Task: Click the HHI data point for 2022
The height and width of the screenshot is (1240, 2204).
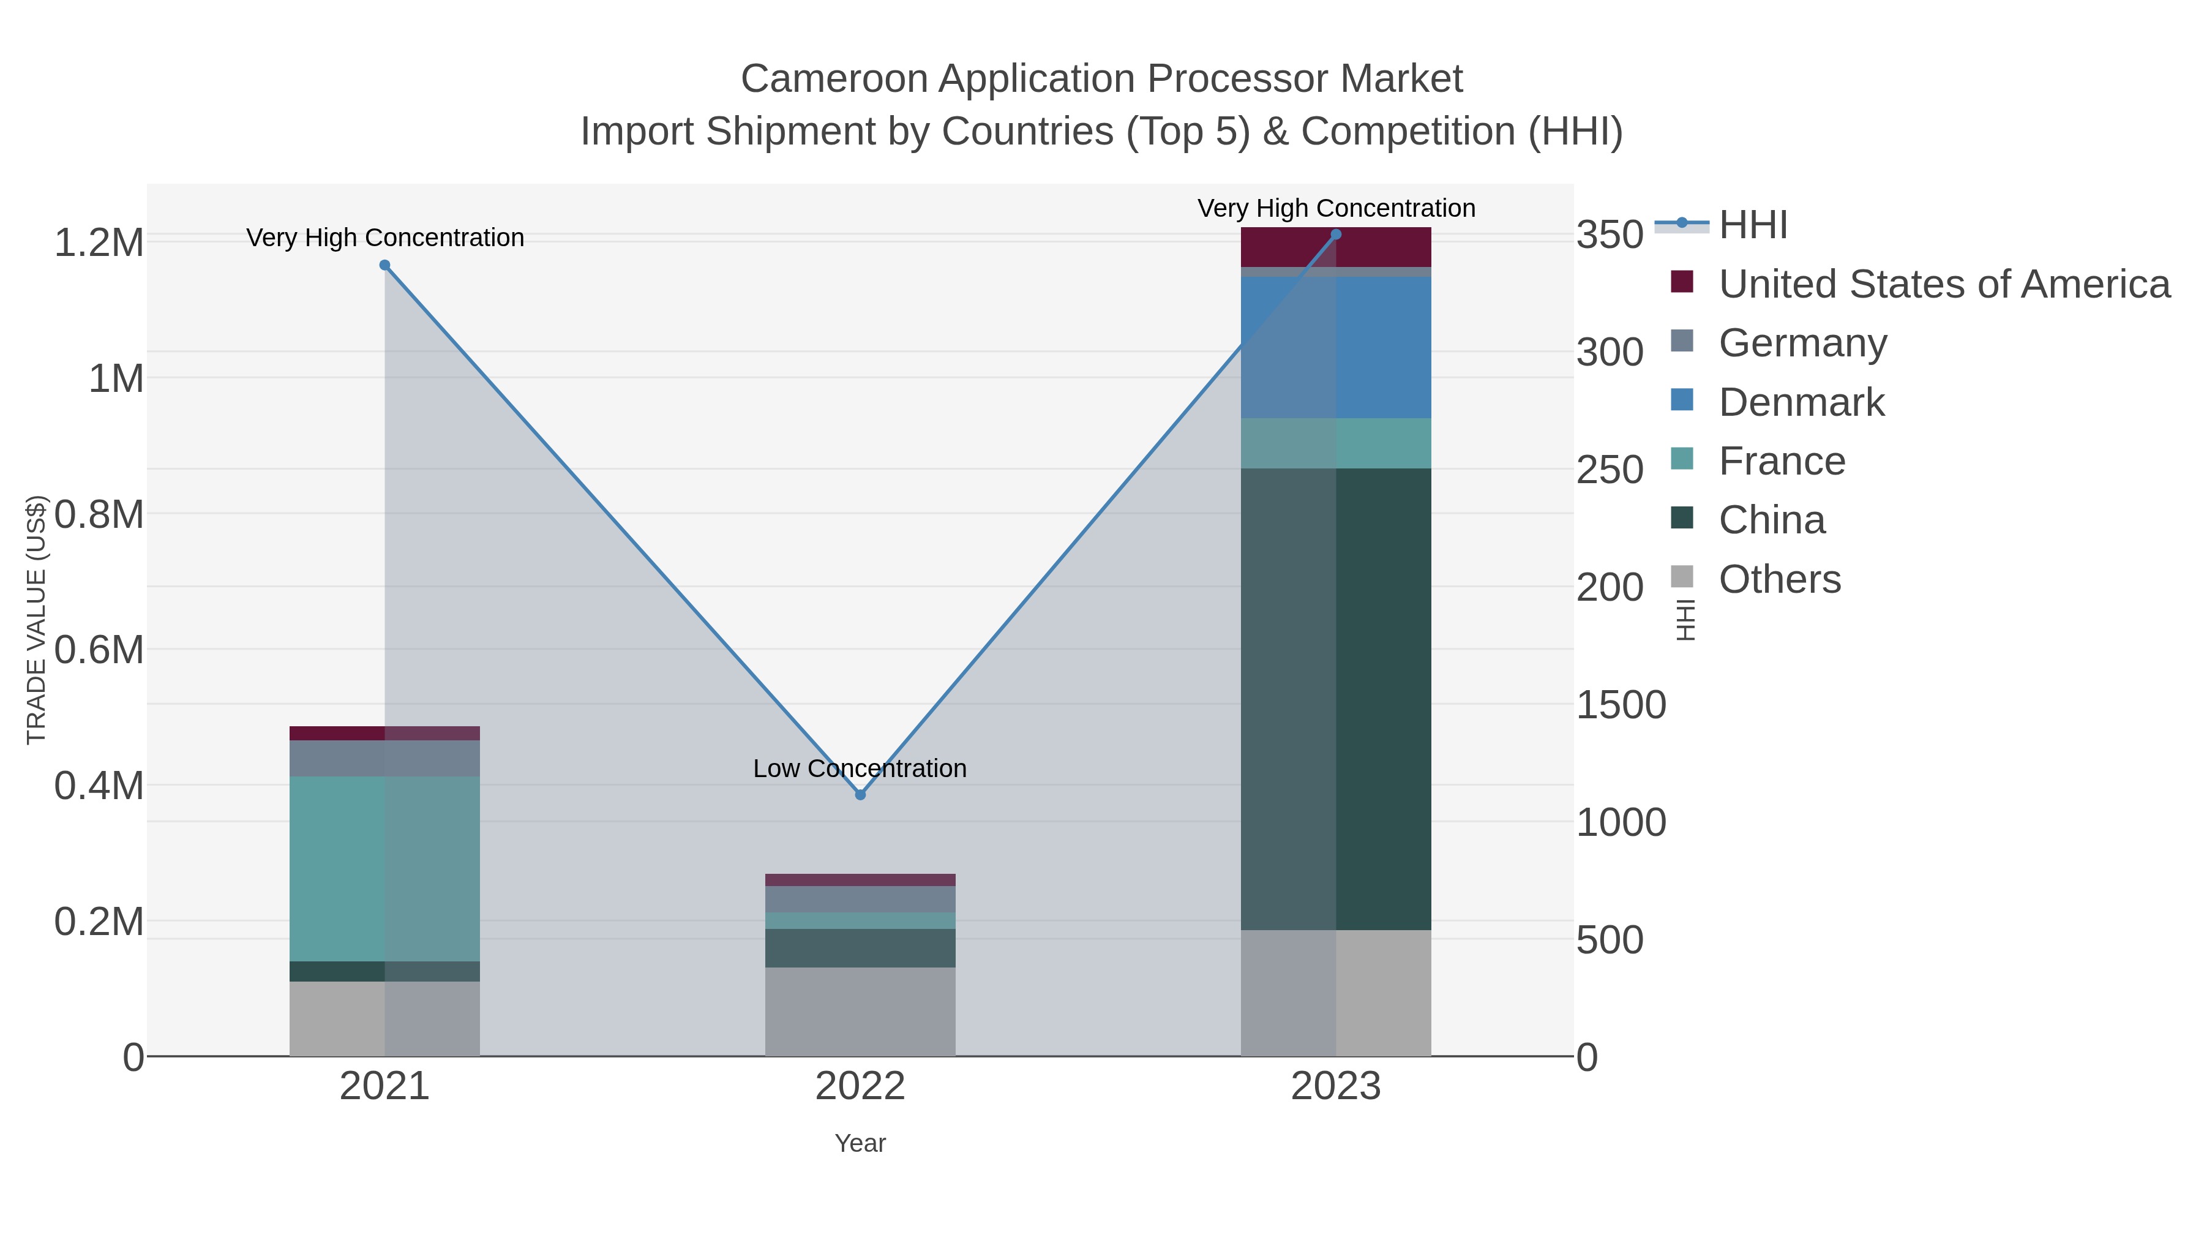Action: click(x=860, y=794)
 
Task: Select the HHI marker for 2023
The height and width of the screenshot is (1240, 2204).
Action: click(x=1336, y=235)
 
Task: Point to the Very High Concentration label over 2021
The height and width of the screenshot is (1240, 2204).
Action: click(x=385, y=238)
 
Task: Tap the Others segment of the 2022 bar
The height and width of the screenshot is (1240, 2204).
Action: click(x=860, y=1010)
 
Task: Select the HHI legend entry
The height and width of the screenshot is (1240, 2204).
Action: click(x=1752, y=225)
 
